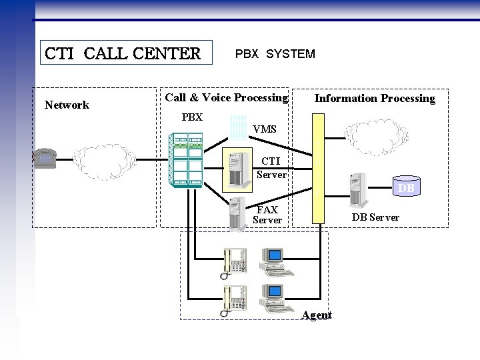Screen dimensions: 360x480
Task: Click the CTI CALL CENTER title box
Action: (122, 53)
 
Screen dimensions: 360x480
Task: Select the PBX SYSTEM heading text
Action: (275, 54)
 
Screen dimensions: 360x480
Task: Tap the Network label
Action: (67, 105)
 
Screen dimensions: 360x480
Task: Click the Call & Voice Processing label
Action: (226, 98)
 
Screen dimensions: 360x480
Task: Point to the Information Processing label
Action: (375, 99)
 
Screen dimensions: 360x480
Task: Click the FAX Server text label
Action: (267, 215)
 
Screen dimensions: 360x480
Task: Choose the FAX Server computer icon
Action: (237, 213)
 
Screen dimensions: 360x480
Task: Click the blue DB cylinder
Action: (406, 188)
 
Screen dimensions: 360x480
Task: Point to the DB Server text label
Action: (375, 217)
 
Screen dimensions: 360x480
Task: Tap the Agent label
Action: (317, 315)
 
